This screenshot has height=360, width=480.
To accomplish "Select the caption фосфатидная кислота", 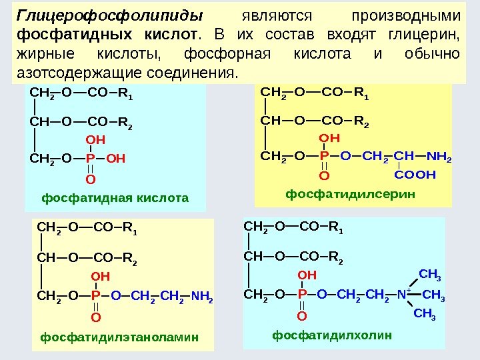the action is point(115,198).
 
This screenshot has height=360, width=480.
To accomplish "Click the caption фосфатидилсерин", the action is point(350,193).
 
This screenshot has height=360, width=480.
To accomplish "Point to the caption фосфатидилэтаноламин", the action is point(119,337).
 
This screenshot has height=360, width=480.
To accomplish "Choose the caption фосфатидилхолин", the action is point(332,335).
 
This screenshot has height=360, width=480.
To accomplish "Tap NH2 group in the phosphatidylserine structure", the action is point(438,157).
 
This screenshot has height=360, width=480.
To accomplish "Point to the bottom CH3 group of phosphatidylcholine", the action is point(425,313).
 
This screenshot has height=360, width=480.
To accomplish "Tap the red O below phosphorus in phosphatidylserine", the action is point(325,175).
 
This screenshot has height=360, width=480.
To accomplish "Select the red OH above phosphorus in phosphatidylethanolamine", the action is point(100,276).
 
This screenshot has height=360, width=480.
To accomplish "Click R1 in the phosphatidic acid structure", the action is point(125,102).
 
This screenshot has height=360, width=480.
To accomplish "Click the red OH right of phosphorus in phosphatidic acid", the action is point(115,159).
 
